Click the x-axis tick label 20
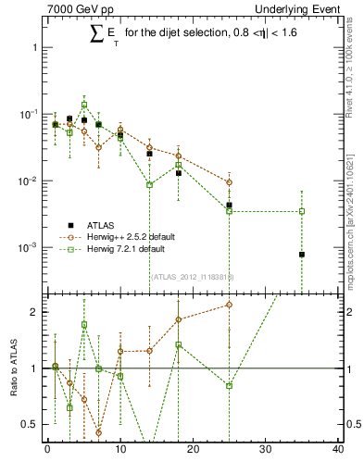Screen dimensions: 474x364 (193, 451)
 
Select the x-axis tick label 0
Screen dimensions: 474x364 (47, 451)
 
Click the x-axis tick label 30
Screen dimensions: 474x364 (265, 451)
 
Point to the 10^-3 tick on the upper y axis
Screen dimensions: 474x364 (28, 248)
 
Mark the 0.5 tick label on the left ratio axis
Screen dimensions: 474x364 (30, 425)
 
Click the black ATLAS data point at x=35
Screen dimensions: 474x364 (301, 255)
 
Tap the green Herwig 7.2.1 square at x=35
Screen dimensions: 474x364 (301, 211)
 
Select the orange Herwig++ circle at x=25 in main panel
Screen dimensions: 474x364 (229, 182)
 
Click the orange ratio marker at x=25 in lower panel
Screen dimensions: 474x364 (229, 305)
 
